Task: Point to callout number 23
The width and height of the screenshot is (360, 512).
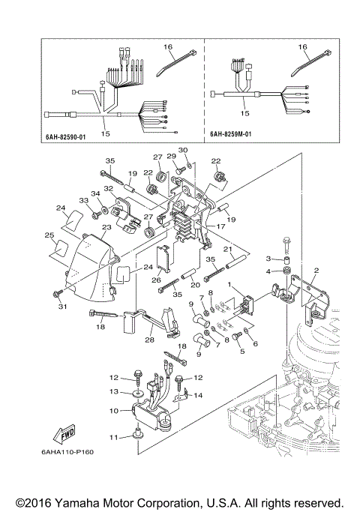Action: (x=106, y=226)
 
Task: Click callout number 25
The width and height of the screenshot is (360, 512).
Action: (x=49, y=235)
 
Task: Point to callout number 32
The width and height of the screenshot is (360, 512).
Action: (x=109, y=189)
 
